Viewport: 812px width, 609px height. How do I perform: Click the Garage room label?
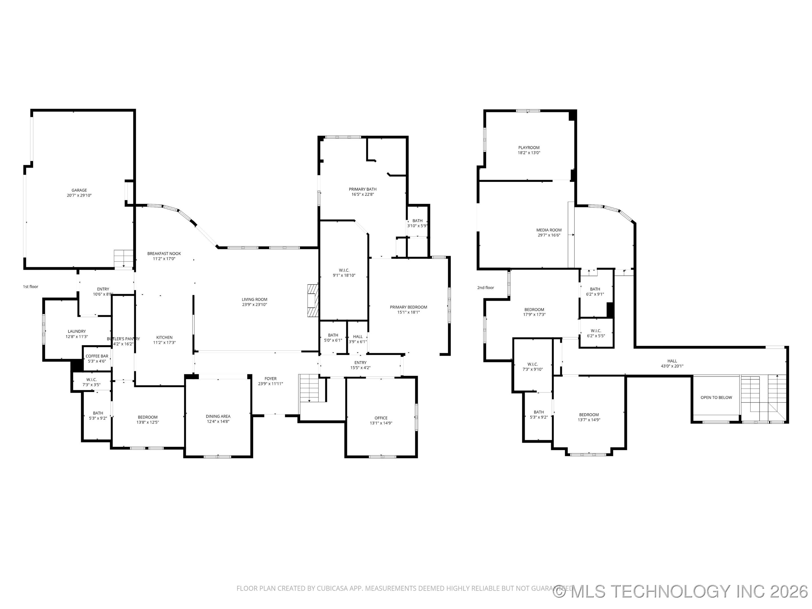click(x=79, y=190)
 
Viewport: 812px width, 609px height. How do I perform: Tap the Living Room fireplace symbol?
click(x=313, y=301)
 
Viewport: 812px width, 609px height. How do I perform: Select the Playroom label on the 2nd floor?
click(x=529, y=147)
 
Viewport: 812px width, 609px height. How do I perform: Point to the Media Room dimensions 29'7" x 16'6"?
click(x=549, y=235)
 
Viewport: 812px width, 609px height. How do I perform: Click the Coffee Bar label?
click(x=97, y=356)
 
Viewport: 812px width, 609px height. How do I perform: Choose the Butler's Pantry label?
click(x=123, y=339)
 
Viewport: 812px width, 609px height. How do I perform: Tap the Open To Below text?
click(x=716, y=398)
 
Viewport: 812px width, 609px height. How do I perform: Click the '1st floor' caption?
click(x=30, y=287)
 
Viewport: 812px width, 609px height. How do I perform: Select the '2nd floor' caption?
click(x=485, y=288)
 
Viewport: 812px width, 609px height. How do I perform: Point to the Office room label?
click(x=381, y=418)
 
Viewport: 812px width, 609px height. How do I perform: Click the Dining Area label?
click(x=218, y=416)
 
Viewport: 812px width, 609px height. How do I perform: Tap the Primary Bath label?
click(x=362, y=189)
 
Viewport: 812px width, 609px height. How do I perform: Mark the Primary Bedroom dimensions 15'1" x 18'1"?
click(x=408, y=312)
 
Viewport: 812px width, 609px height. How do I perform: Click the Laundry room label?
click(x=77, y=332)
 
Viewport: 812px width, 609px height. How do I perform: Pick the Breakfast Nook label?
click(x=164, y=254)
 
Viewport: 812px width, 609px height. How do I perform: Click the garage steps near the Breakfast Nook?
click(x=123, y=259)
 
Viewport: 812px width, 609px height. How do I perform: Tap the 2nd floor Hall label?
click(x=672, y=361)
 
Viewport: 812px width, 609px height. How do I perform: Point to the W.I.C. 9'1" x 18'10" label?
click(x=344, y=270)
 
